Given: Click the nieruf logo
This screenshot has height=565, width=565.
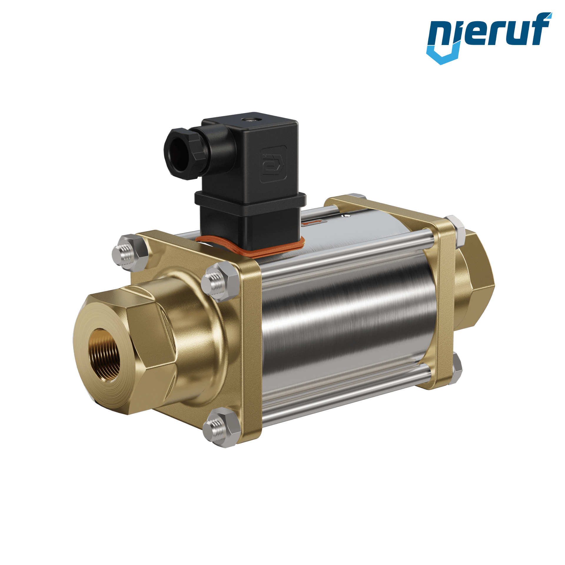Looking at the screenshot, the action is point(489,38).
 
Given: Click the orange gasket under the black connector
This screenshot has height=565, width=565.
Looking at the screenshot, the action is point(250,247).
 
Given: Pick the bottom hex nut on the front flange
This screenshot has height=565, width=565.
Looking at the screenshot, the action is point(221,428).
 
